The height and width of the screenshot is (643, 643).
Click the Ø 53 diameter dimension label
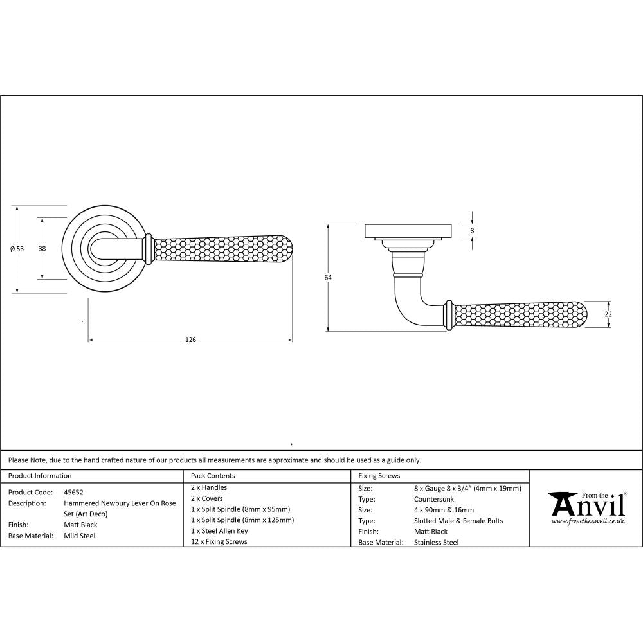(x=17, y=249)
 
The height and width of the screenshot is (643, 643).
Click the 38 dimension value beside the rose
(x=42, y=248)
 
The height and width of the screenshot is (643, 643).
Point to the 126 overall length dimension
(x=190, y=339)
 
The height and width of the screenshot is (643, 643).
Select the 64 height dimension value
(x=328, y=277)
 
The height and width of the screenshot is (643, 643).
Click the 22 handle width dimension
(x=608, y=314)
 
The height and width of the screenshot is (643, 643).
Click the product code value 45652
(x=73, y=492)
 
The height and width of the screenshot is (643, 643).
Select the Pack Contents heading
(x=213, y=476)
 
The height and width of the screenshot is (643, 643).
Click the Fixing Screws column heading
(x=379, y=476)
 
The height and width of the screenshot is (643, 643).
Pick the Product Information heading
(x=39, y=476)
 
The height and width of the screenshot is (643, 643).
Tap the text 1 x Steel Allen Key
(x=219, y=531)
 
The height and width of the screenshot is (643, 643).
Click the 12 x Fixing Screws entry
(x=219, y=542)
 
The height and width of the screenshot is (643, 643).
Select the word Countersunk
(x=435, y=499)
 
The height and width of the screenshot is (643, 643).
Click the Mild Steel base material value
(x=80, y=536)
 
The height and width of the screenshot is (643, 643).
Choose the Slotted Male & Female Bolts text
(x=459, y=521)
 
